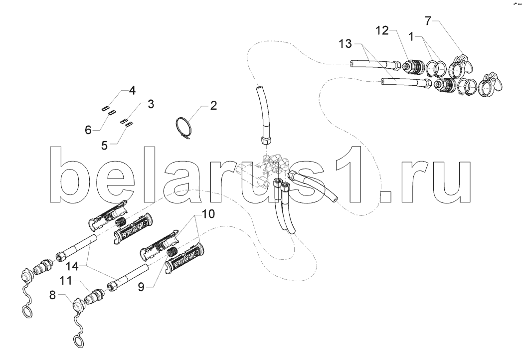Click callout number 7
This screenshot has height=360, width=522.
click(429, 21)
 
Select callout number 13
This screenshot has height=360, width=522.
click(346, 43)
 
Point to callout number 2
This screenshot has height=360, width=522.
click(213, 106)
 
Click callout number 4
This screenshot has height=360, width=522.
click(132, 91)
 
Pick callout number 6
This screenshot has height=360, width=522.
click(88, 130)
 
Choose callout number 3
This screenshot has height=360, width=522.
click(151, 104)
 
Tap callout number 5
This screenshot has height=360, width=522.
click(105, 146)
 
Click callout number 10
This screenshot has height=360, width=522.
click(208, 214)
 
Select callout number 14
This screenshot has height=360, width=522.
click(72, 266)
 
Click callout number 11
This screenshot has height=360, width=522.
click(66, 281)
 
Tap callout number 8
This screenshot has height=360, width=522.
click(53, 295)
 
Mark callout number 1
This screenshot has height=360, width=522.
click(411, 36)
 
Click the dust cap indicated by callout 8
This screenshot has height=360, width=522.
click(79, 304)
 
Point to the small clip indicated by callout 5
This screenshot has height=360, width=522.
click(129, 125)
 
